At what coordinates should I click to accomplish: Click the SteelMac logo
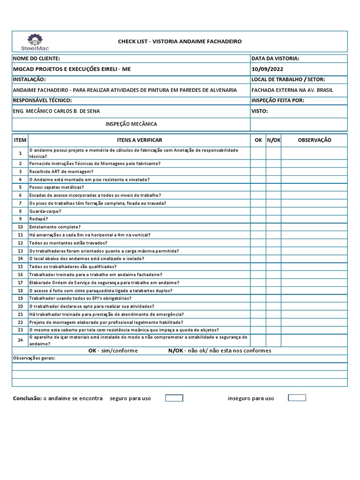(34, 42)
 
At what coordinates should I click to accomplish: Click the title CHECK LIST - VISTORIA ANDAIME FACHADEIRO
(180, 42)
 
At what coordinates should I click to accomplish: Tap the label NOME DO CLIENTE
(36, 59)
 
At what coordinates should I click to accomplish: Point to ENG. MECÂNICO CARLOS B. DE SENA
(56, 111)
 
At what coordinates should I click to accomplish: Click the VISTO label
(260, 112)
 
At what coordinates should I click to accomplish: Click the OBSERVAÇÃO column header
(314, 140)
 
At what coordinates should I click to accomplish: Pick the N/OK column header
(274, 140)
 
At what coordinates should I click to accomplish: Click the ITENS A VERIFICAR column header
(139, 140)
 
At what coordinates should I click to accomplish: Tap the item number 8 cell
(20, 211)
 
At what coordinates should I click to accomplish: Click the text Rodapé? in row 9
(38, 219)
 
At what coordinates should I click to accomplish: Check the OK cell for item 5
(258, 187)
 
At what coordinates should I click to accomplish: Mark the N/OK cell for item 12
(274, 243)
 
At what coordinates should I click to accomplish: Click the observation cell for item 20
(314, 306)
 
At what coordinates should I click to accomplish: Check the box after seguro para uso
(174, 398)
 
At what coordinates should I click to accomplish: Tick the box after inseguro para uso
(297, 397)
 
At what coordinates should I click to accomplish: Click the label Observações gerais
(33, 358)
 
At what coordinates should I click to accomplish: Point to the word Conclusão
(27, 398)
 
